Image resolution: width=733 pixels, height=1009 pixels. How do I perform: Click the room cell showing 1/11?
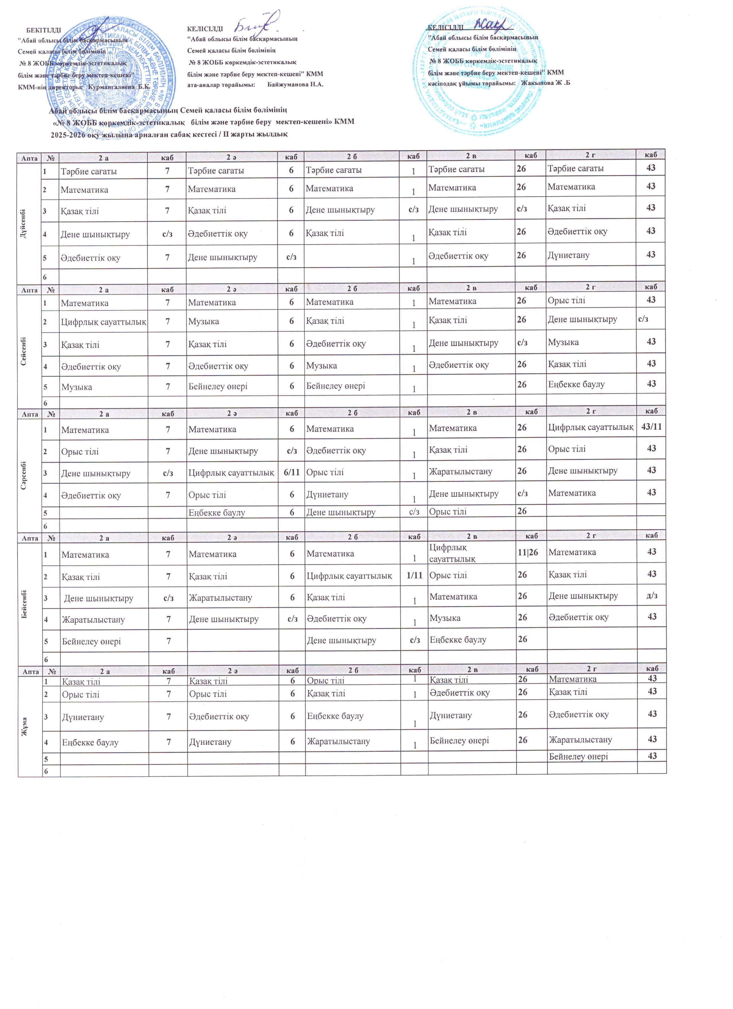pos(414,575)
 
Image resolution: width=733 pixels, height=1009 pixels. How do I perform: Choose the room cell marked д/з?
pos(652,596)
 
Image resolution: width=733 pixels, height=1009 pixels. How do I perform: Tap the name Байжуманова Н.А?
pos(295,85)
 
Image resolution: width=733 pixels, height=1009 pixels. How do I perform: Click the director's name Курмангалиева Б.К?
pos(119,87)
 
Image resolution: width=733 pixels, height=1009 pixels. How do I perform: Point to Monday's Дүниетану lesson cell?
pos(568,255)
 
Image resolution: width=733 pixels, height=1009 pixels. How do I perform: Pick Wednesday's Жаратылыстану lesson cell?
pos(460,471)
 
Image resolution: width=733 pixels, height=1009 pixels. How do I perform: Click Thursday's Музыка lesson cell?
pos(445,618)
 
